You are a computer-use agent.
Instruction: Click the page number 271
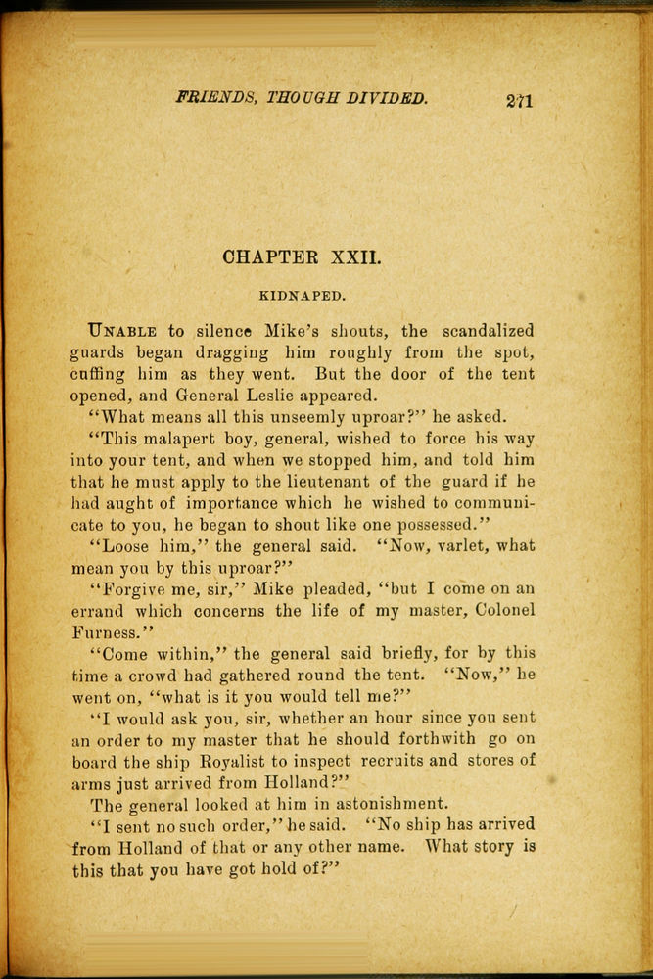(x=520, y=100)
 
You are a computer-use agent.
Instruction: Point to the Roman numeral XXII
(x=349, y=258)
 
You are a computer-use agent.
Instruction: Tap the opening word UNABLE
(x=122, y=331)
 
